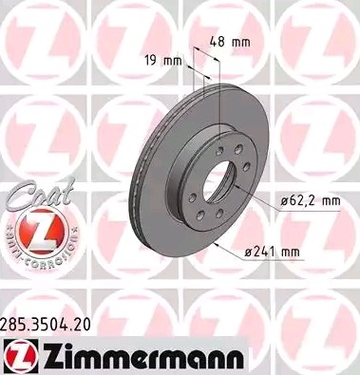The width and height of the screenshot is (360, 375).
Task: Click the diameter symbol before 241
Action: click(249, 250)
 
